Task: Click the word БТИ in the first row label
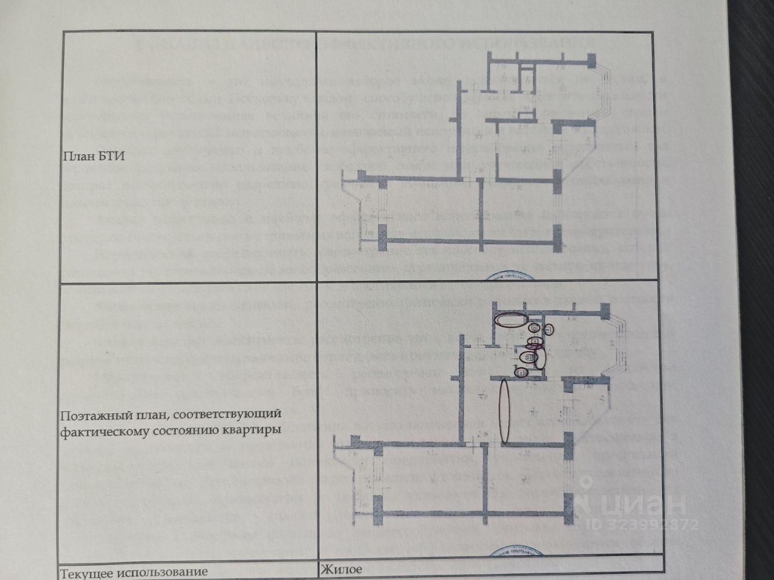pyautogui.click(x=112, y=156)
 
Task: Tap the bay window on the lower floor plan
pyautogui.click(x=616, y=344)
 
